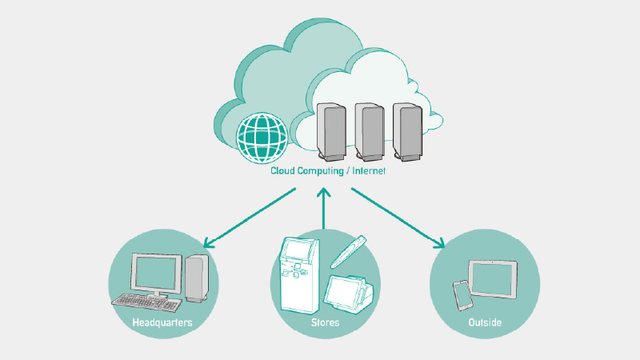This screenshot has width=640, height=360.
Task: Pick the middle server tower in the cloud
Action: pyautogui.click(x=370, y=131)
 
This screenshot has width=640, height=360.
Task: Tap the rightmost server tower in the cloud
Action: pyautogui.click(x=407, y=130)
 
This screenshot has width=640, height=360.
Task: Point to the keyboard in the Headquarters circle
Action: pyautogui.click(x=146, y=302)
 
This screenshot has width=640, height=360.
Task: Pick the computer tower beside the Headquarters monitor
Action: pyautogui.click(x=197, y=277)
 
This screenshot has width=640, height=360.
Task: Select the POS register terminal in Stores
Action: pyautogui.click(x=347, y=290)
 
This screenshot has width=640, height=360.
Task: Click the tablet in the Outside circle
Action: pyautogui.click(x=493, y=278)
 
